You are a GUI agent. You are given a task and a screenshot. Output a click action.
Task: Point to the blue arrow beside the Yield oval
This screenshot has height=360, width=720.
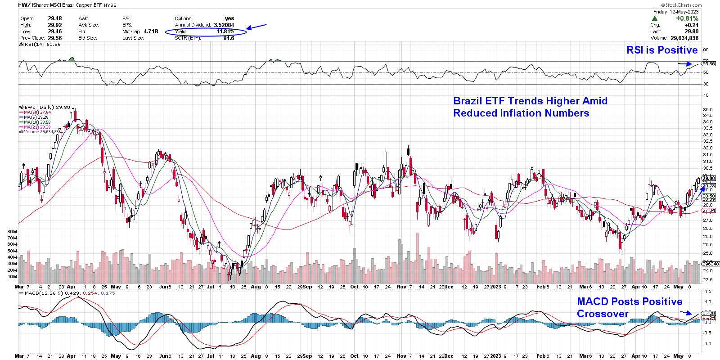pos(258,27)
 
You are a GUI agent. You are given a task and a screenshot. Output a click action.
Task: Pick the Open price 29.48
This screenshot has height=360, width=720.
pos(54,18)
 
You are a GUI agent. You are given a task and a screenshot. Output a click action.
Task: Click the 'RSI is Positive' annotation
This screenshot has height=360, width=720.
pos(662,50)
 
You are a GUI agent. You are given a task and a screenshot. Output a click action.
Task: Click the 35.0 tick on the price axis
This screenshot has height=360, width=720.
pos(707,110)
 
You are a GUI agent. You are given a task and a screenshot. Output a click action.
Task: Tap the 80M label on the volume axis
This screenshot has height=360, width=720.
pos(12,231)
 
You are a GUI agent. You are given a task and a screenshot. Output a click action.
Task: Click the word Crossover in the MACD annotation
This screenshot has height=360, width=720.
pos(603,314)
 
